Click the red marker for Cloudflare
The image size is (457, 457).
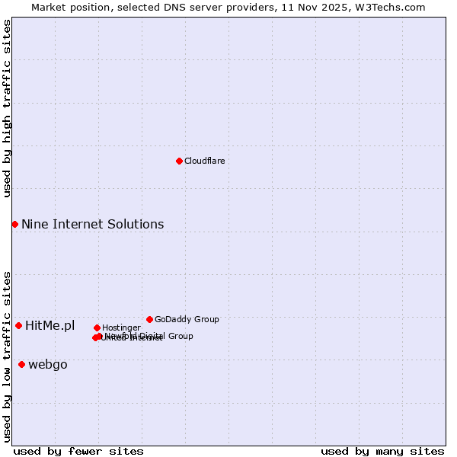(x=179, y=161)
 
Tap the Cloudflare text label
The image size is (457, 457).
(x=204, y=161)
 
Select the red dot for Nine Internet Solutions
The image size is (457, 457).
(x=14, y=224)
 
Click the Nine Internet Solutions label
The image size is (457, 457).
(x=92, y=224)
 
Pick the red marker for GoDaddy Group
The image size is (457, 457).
(x=149, y=319)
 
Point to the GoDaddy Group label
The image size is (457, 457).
(x=187, y=319)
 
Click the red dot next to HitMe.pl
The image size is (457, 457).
(x=18, y=325)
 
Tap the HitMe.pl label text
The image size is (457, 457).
(x=50, y=326)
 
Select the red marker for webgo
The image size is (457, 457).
(x=21, y=364)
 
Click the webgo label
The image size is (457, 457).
(x=48, y=365)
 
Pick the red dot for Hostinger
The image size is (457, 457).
(x=97, y=328)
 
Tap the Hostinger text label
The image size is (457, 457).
(x=121, y=328)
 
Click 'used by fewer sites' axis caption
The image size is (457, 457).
(x=78, y=451)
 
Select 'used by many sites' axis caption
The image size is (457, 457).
(x=382, y=451)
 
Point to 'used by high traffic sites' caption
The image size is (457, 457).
(x=7, y=109)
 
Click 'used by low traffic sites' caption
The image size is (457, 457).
(x=7, y=356)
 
